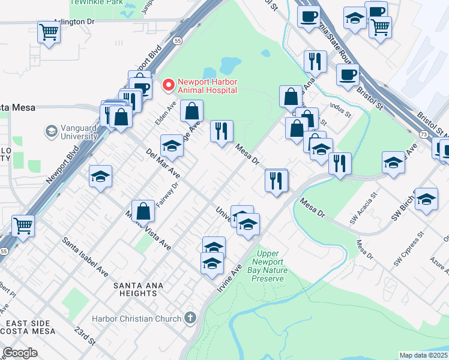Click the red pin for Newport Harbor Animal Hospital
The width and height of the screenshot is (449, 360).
(169, 86)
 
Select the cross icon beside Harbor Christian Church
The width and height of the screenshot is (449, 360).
(190, 317)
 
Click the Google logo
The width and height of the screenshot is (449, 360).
(20, 353)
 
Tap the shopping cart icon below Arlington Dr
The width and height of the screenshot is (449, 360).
(48, 32)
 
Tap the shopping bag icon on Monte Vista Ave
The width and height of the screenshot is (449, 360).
(143, 212)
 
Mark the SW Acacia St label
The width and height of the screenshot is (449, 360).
(364, 208)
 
